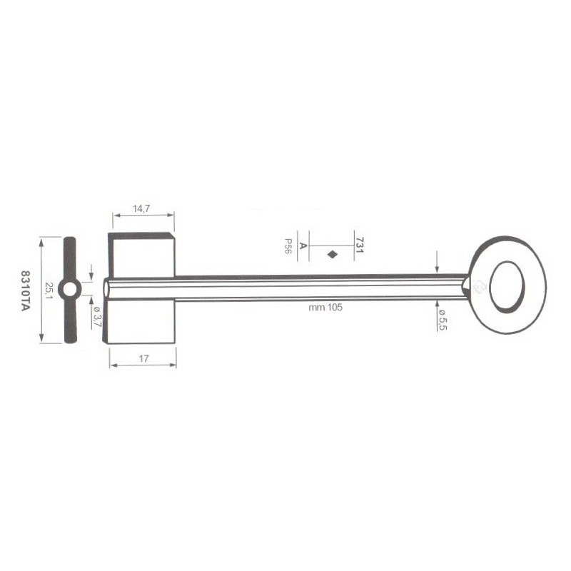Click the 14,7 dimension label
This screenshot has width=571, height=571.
pyautogui.click(x=141, y=208)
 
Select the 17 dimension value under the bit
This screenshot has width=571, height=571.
pyautogui.click(x=144, y=359)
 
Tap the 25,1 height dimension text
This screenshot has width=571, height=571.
pyautogui.click(x=49, y=290)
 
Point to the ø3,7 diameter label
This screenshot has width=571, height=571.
pyautogui.click(x=97, y=316)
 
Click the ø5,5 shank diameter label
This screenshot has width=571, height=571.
pyautogui.click(x=442, y=320)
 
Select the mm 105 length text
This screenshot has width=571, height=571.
pyautogui.click(x=325, y=308)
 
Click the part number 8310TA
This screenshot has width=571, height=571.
pyautogui.click(x=25, y=290)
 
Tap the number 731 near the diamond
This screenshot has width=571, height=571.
pyautogui.click(x=360, y=245)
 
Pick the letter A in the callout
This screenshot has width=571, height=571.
pyautogui.click(x=303, y=246)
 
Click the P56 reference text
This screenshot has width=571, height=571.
pyautogui.click(x=288, y=246)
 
